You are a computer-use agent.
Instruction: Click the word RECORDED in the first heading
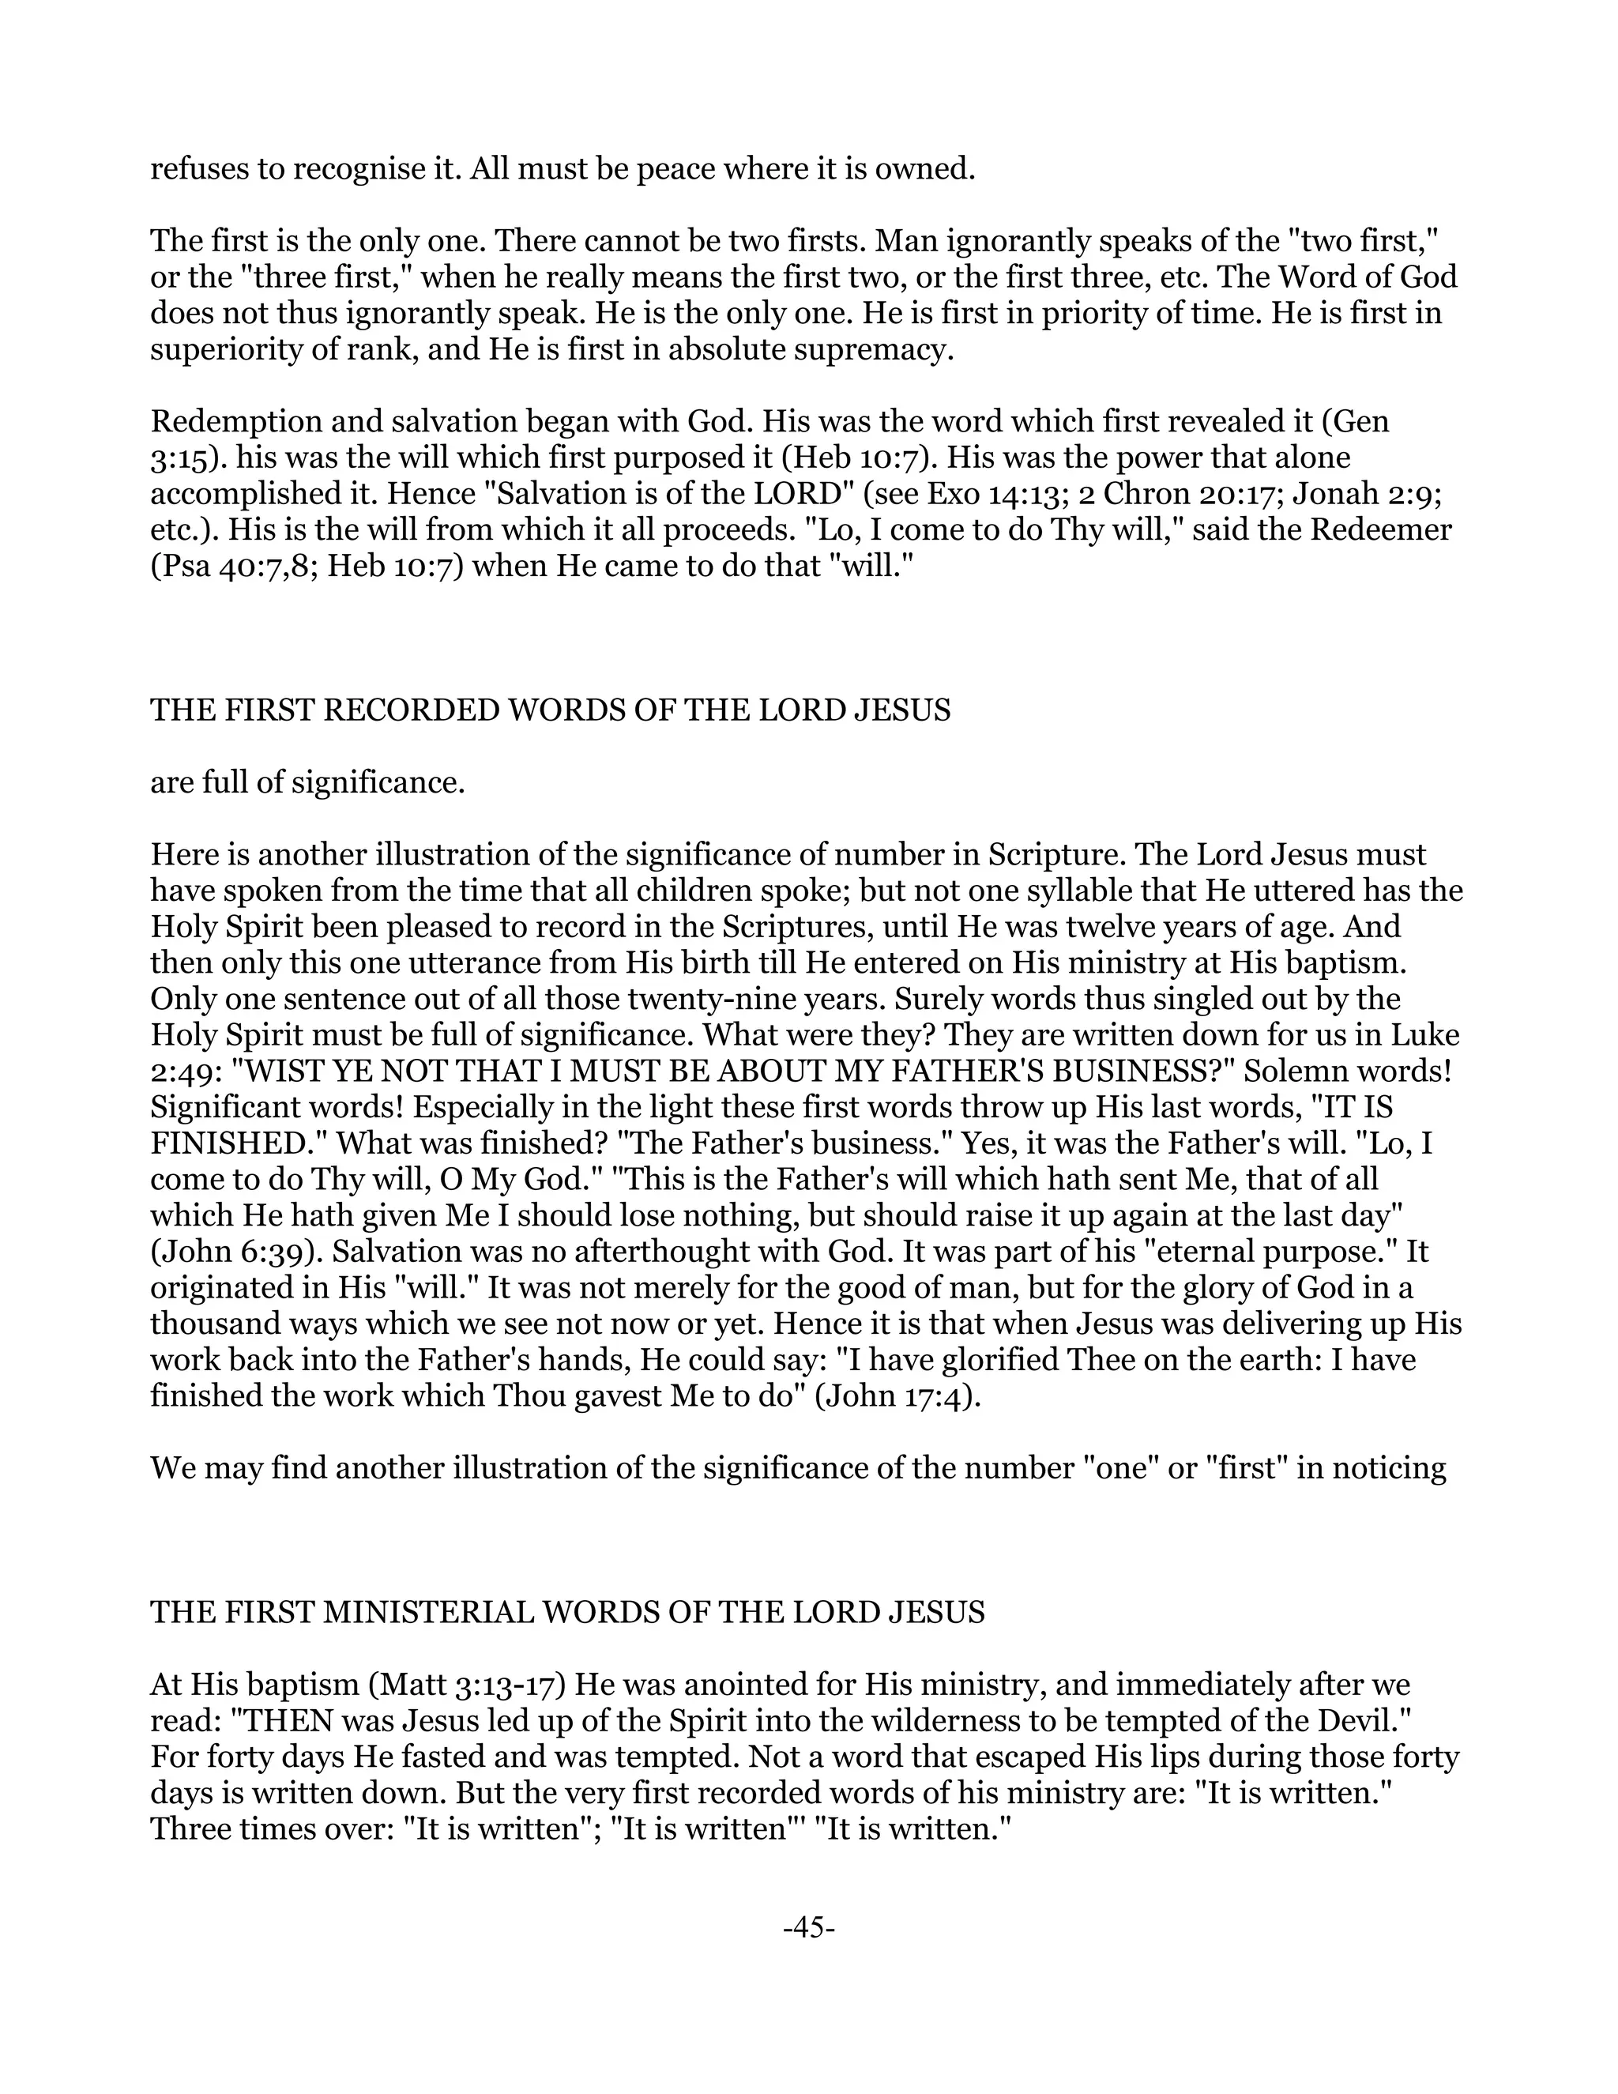[x=411, y=710]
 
